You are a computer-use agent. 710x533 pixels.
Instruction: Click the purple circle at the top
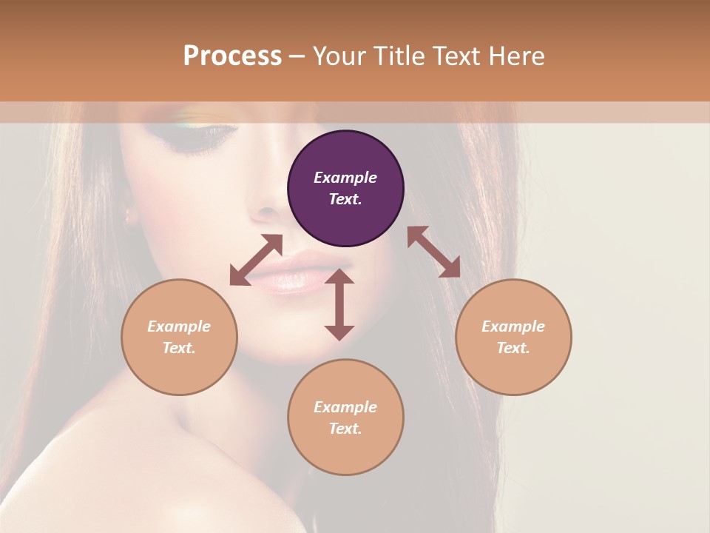345,189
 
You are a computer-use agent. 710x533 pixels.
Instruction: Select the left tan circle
179,337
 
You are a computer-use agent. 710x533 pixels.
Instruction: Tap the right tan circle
513,337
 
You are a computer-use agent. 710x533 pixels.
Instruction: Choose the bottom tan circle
345,418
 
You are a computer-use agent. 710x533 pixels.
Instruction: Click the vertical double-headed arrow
339,304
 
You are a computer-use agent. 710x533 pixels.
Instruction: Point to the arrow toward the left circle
256,260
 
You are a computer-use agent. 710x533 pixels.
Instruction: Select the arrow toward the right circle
434,252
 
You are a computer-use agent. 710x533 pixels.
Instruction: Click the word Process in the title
232,56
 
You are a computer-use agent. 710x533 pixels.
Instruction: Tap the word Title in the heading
400,56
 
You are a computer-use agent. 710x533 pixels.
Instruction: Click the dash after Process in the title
297,56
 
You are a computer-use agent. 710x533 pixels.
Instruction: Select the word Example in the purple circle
345,178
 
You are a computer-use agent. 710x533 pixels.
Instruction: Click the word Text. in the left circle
179,348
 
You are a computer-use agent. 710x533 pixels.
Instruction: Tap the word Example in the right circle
513,326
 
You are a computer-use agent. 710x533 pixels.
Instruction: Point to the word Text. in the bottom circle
345,429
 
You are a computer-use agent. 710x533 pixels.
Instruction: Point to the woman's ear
131,215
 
